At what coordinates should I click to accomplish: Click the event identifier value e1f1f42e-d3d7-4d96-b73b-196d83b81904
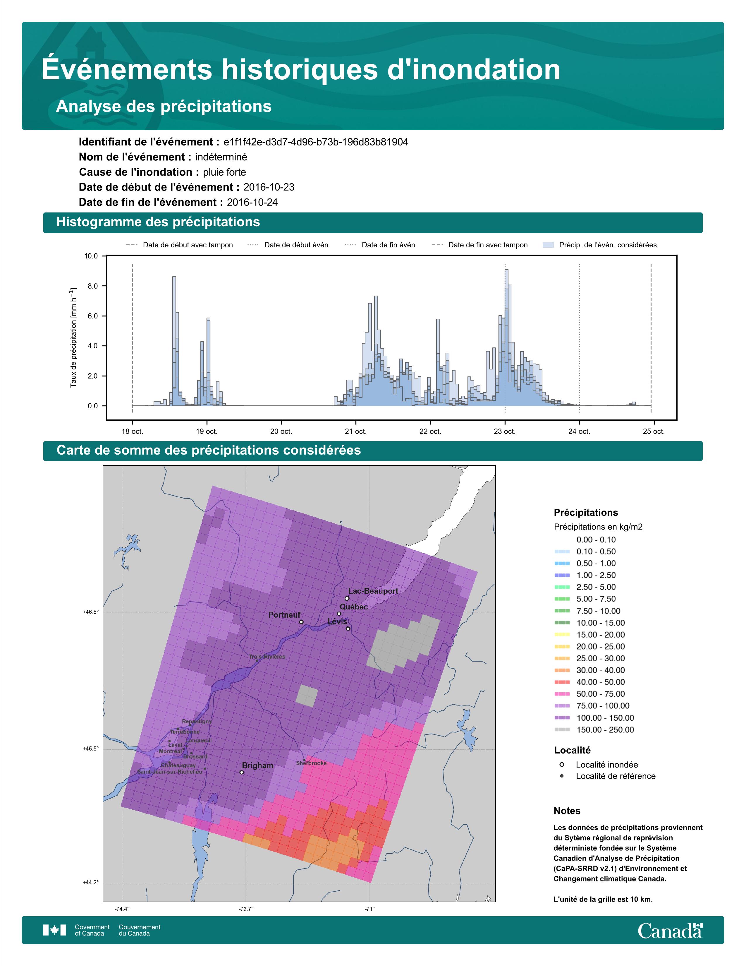316,142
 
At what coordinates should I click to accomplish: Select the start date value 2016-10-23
269,187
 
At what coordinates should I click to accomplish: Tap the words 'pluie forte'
224,172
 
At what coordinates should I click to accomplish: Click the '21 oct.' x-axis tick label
355,431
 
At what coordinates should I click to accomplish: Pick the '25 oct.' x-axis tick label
654,431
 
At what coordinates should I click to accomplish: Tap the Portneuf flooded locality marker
301,622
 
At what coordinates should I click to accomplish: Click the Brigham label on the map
258,765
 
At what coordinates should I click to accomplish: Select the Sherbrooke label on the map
311,763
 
